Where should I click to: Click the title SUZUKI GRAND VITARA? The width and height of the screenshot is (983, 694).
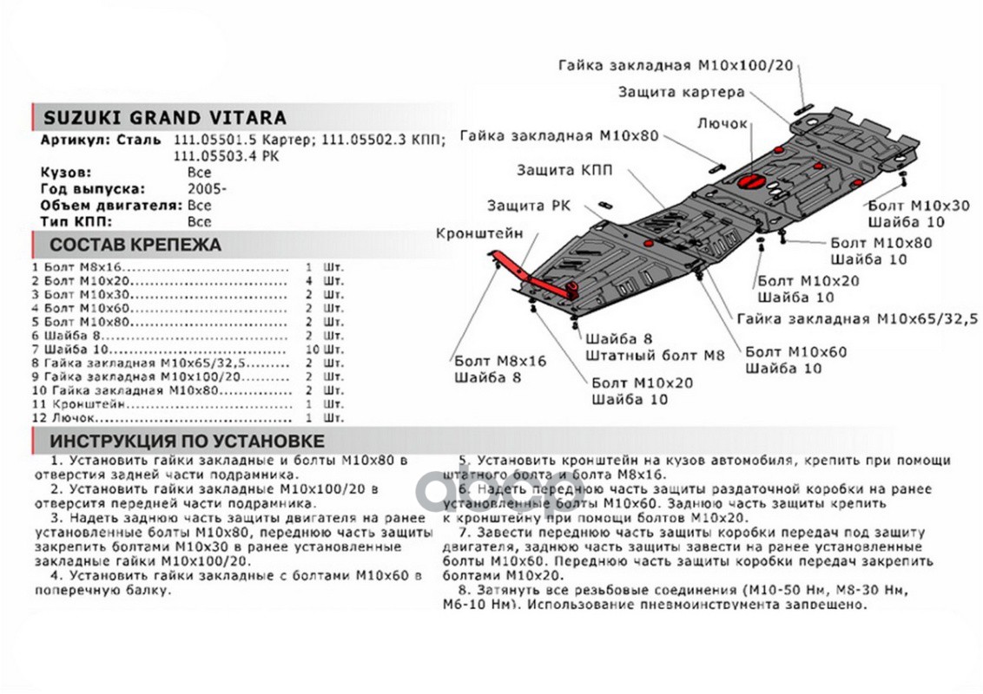click(164, 118)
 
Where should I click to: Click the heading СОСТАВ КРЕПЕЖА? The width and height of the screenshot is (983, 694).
click(135, 245)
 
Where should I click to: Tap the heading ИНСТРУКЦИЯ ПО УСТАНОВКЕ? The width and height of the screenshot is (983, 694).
click(187, 441)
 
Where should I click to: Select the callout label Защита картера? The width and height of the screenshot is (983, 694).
click(681, 92)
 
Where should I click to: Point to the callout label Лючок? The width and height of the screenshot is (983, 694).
click(722, 124)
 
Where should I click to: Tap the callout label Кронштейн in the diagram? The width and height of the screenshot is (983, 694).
click(479, 233)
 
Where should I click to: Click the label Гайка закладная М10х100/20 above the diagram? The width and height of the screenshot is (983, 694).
click(677, 66)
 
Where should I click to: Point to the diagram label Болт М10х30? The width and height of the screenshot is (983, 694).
click(918, 206)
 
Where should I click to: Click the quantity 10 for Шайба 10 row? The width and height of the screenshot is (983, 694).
click(313, 350)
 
